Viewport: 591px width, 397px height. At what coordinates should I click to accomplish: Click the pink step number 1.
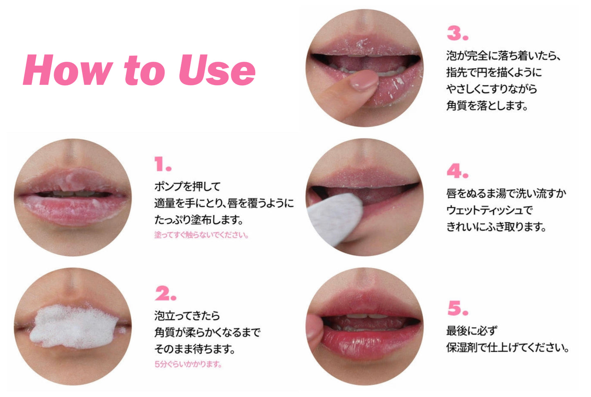[x=162, y=165]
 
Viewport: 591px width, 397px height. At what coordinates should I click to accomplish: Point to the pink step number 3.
[x=457, y=33]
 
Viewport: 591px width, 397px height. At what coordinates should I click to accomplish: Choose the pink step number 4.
[x=457, y=171]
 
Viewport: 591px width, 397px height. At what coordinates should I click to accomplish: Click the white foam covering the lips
[x=72, y=327]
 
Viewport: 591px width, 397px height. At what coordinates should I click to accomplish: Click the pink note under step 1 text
[x=201, y=235]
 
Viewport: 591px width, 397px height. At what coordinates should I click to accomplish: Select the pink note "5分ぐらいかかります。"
[x=188, y=364]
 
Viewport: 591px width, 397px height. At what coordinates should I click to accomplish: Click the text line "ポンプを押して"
[x=187, y=186]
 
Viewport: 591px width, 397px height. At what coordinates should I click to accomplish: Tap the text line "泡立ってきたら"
[x=187, y=316]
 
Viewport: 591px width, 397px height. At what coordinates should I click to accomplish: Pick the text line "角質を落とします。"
[x=487, y=105]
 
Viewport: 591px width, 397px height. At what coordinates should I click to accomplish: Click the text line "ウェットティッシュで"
[x=490, y=210]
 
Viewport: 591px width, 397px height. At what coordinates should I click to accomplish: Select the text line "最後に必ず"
[x=472, y=330]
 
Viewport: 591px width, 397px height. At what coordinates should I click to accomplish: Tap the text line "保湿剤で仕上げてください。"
[x=508, y=348]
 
